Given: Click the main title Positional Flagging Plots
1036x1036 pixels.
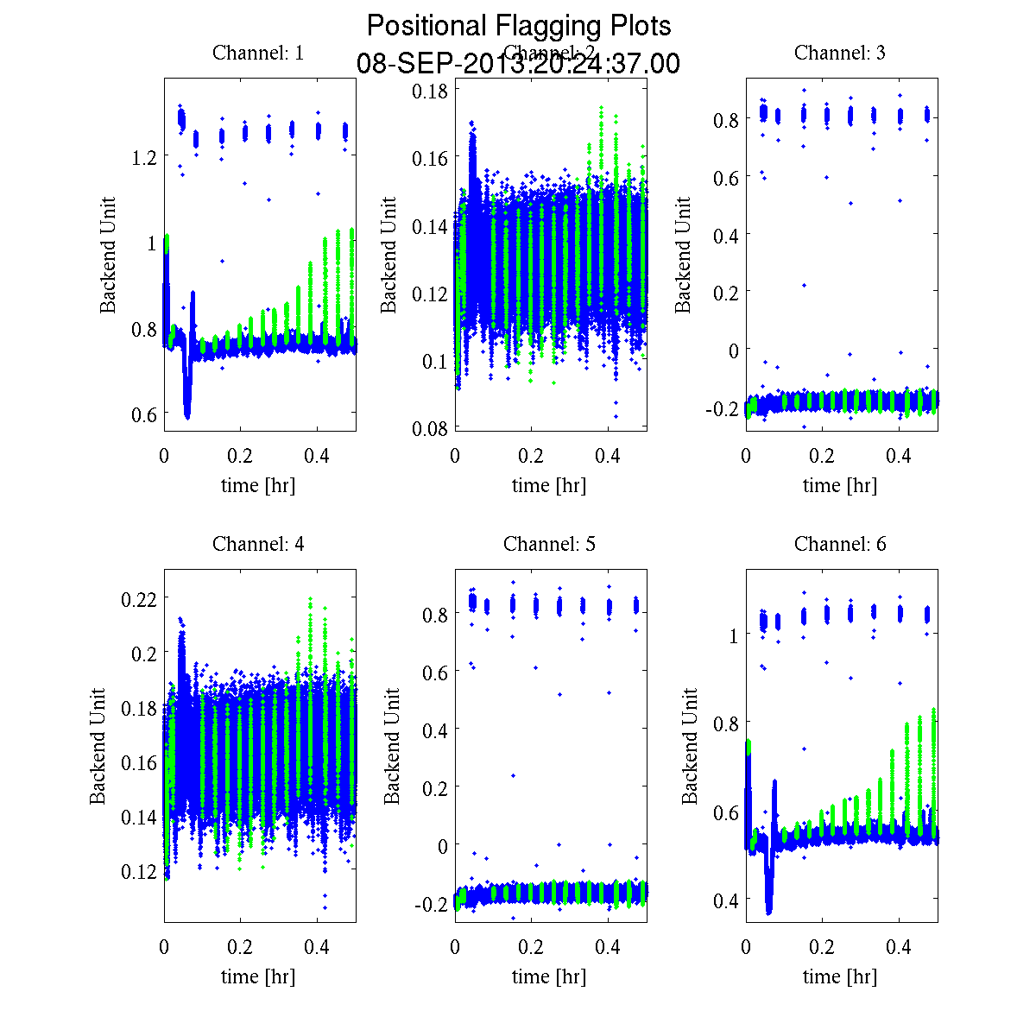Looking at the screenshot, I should [519, 26].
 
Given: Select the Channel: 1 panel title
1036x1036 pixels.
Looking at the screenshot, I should [258, 53].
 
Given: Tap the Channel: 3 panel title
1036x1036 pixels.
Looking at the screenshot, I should [840, 53].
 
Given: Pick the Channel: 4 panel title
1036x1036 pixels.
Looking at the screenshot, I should [258, 544].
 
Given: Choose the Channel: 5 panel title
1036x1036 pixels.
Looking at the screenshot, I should [549, 544].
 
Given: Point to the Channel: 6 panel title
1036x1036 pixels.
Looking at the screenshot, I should [840, 544].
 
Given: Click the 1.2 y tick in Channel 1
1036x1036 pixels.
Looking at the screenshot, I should [145, 156].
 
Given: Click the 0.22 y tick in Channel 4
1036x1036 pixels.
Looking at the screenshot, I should [138, 597].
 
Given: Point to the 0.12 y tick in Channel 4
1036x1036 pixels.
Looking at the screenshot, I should [138, 871].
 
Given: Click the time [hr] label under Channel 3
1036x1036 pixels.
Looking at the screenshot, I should [840, 485].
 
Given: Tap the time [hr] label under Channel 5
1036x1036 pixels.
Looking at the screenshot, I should [549, 976].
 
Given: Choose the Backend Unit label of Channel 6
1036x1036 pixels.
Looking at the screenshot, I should [690, 747].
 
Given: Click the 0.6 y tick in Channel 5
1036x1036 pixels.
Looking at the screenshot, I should [436, 672].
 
